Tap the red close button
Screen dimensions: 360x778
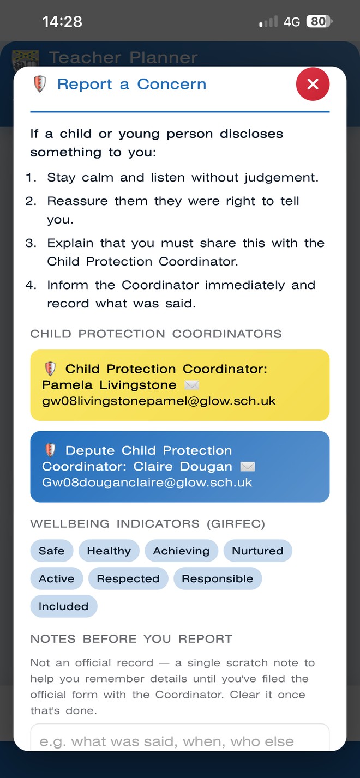tap(313, 84)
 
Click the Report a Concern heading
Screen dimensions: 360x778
tap(131, 85)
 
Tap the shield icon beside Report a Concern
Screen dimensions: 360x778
tap(40, 84)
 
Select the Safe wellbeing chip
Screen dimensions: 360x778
tap(52, 551)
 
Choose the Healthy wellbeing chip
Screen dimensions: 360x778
tap(109, 551)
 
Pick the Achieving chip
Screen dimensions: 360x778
tap(182, 551)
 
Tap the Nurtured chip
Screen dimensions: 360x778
tap(258, 551)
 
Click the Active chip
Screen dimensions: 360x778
tap(57, 578)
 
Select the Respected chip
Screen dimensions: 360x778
tap(128, 578)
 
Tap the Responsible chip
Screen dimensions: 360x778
tap(218, 578)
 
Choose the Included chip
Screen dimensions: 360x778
tap(64, 606)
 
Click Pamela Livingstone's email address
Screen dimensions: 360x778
tap(159, 401)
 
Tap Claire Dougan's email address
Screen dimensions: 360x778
tap(147, 483)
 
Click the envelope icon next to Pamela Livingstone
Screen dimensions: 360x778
tap(191, 385)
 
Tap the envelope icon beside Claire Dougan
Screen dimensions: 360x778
tap(248, 467)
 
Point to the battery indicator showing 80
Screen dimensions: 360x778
tap(319, 21)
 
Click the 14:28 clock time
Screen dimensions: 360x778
tap(62, 21)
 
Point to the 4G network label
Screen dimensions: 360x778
tap(291, 22)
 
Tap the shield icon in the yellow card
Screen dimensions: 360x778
tap(50, 369)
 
